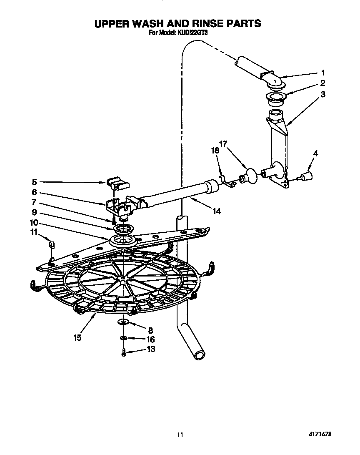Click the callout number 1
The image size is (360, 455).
322,72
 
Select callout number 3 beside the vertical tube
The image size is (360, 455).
323,94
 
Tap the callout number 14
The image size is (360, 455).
216,211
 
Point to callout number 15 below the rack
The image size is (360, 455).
78,337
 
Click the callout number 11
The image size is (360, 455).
34,232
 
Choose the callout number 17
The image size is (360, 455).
223,144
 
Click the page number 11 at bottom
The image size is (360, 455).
180,435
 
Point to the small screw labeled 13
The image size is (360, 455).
124,353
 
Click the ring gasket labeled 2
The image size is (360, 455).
275,100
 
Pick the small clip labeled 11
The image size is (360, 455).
51,244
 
